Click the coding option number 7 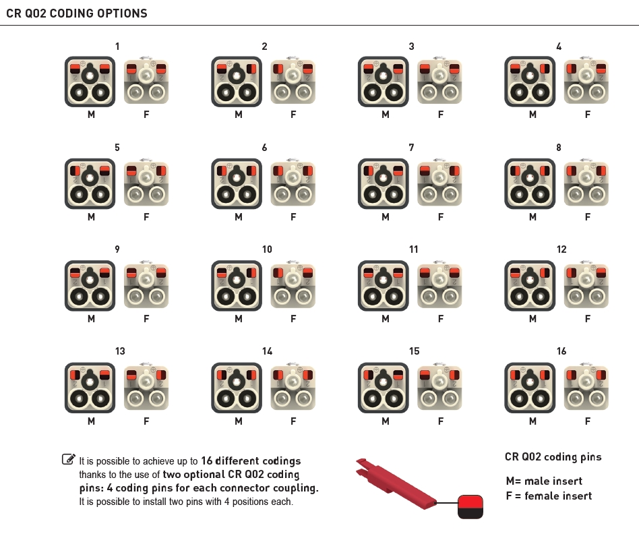[x=411, y=148]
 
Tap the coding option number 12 [x=561, y=249]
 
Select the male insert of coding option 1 [x=90, y=82]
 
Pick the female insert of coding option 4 [x=586, y=80]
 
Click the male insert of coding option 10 [x=237, y=286]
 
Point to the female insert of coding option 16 [x=586, y=386]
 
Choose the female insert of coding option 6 [x=293, y=182]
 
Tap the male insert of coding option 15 [x=384, y=388]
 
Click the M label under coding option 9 [x=91, y=319]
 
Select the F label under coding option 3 [x=441, y=115]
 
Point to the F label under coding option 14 [x=293, y=421]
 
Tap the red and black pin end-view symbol [x=470, y=507]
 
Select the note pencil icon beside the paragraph [x=69, y=459]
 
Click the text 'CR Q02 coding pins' [x=553, y=457]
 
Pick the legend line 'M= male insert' [x=544, y=481]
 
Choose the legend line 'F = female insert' [x=549, y=496]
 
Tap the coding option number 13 [x=120, y=351]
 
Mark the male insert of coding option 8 [x=530, y=184]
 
